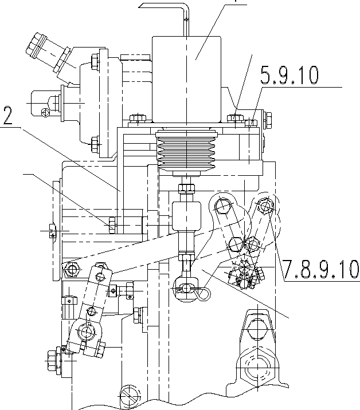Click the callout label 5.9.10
pos(289,75)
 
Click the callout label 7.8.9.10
pos(321,269)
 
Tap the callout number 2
pos(8,115)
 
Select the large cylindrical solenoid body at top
pos(187,79)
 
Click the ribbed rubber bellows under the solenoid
pos(186,151)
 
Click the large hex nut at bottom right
pos(257,368)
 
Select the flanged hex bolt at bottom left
pos(54,361)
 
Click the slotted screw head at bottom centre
pos(130,395)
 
